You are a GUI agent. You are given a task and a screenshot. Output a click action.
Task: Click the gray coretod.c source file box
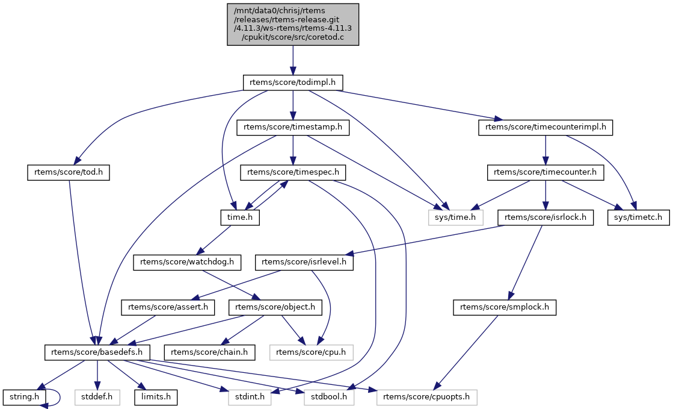[293, 24]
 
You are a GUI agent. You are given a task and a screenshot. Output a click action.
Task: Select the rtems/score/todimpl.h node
[293, 82]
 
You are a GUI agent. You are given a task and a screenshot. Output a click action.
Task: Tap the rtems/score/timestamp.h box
[293, 127]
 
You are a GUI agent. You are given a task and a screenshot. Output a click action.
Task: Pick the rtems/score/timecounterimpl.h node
[545, 127]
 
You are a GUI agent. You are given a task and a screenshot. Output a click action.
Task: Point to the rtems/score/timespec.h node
[293, 172]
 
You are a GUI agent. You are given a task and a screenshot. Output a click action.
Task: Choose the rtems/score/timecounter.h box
[545, 172]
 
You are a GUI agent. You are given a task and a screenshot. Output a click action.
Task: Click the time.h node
[239, 217]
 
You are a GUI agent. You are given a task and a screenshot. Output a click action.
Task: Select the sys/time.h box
[456, 217]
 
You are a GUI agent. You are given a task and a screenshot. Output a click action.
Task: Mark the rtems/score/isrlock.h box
[545, 217]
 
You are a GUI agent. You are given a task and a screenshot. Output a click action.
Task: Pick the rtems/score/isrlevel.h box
[305, 262]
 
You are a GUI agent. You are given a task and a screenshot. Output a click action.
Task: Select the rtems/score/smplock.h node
[505, 307]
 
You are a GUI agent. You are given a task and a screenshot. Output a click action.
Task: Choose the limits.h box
[156, 397]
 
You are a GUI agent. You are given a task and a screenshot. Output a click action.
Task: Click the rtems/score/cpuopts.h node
[427, 397]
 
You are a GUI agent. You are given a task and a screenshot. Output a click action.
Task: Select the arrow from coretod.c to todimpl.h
[293, 60]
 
